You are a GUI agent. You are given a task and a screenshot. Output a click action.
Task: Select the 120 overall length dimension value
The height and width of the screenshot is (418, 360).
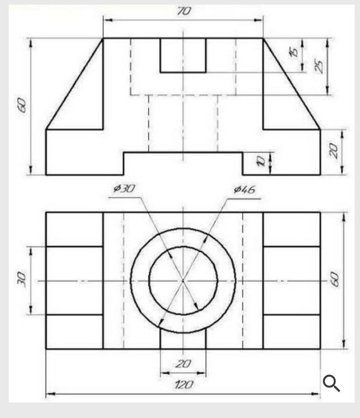[183, 385]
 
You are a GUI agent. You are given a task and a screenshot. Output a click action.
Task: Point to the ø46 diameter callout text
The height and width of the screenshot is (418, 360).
[244, 190]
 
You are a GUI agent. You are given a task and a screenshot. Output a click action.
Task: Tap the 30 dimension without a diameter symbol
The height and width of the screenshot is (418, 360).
[21, 280]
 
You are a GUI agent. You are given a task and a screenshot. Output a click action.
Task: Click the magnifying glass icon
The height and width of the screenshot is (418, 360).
[331, 383]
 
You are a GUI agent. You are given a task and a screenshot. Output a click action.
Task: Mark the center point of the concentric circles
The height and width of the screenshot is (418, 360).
[183, 281]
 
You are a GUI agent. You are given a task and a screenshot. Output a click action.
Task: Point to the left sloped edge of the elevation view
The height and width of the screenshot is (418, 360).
[75, 84]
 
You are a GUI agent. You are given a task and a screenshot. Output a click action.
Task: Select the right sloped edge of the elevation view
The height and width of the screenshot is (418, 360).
[291, 84]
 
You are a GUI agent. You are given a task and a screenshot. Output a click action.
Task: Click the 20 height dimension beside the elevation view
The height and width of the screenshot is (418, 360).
[334, 152]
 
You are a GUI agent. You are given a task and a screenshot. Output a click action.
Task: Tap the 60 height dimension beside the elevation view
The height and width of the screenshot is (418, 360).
[21, 106]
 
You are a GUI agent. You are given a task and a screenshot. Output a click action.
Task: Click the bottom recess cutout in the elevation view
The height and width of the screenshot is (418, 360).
[183, 163]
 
